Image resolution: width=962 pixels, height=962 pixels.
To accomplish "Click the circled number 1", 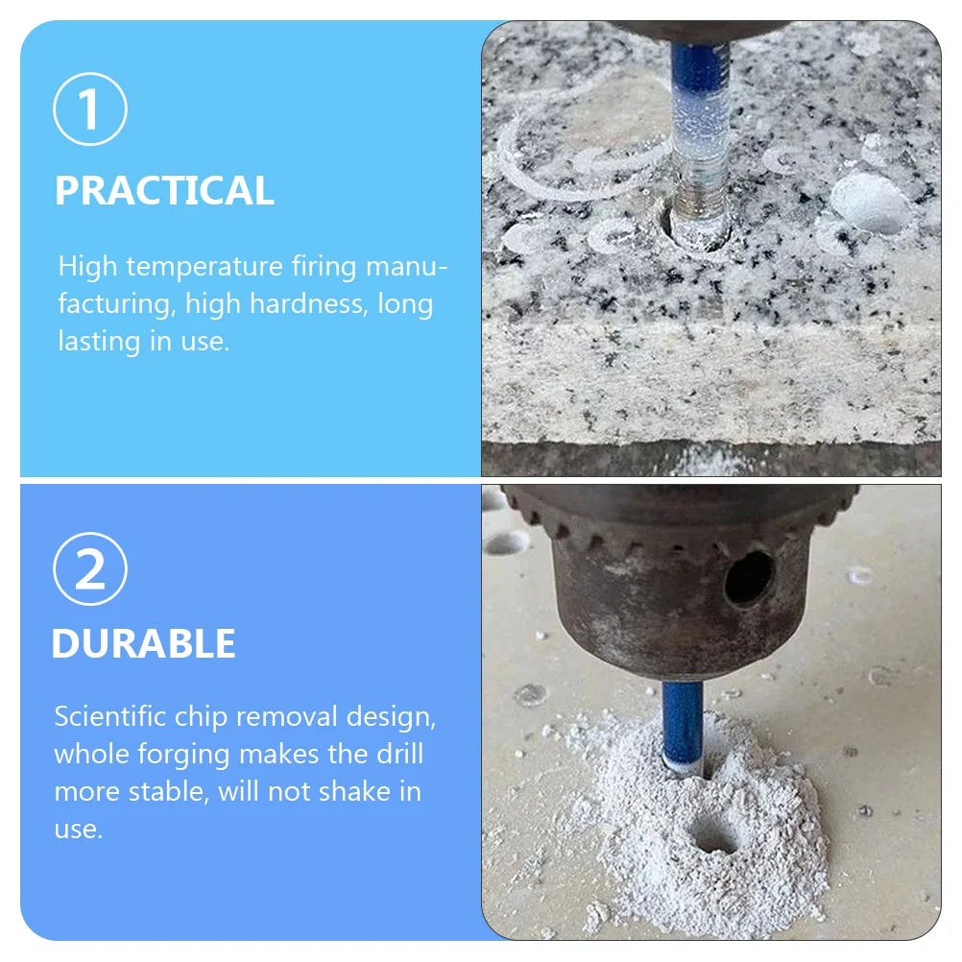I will click(x=90, y=109).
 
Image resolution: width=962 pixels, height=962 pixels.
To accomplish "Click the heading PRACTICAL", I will click(x=164, y=190).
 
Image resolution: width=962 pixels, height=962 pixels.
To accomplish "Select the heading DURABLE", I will click(x=144, y=643).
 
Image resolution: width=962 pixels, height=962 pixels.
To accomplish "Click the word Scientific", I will click(x=109, y=716).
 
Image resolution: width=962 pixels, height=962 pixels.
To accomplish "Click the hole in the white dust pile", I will click(x=715, y=837).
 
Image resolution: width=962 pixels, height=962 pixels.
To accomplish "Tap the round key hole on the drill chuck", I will click(x=749, y=576).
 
